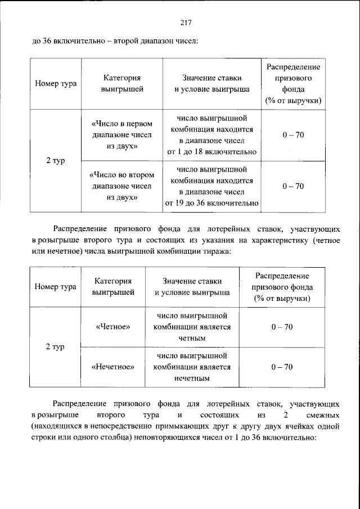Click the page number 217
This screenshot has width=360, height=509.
[186, 22]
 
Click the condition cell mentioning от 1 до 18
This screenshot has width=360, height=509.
[211, 136]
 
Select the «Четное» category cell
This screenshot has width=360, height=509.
[113, 327]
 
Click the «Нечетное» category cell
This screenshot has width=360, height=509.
[113, 367]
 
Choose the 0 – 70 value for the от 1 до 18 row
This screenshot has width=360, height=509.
[293, 136]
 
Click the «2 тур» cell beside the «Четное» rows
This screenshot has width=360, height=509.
[55, 347]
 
